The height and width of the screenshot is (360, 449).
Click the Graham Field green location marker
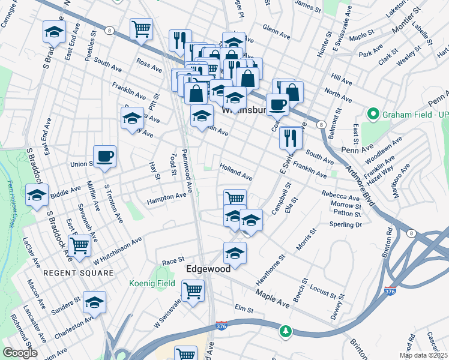coord(373,113)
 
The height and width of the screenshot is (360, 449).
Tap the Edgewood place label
coord(208,269)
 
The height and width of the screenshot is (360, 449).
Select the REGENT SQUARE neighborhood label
coord(78,273)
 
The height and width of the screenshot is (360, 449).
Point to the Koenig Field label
coord(152,283)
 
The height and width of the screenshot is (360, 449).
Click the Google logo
coord(20,353)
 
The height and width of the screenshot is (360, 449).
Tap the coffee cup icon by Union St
coord(105,157)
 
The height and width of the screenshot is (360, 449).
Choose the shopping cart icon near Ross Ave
coord(141,28)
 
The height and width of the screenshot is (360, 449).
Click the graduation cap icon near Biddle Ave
coord(37,195)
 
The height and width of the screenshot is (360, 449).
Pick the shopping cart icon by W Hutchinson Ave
coord(79,245)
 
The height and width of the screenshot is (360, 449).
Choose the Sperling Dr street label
coord(346,224)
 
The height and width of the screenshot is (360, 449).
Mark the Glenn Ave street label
coord(276,28)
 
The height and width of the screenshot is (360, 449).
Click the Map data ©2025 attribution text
coord(423,355)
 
